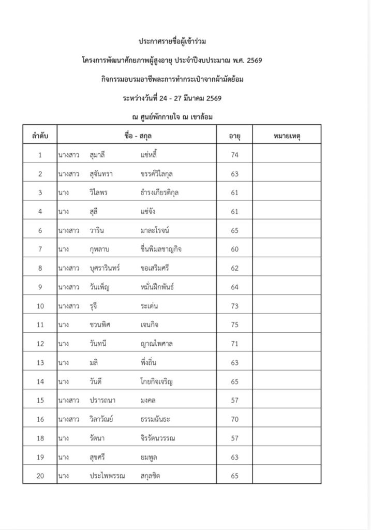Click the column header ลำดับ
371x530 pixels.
point(40,136)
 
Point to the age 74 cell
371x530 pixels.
point(235,155)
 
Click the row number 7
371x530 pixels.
point(40,249)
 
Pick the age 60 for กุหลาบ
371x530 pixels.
point(235,249)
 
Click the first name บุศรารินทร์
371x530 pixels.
point(107,268)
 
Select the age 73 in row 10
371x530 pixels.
point(235,305)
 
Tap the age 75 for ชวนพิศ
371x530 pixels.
point(235,324)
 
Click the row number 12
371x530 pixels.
point(40,343)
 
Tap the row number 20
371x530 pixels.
point(40,475)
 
